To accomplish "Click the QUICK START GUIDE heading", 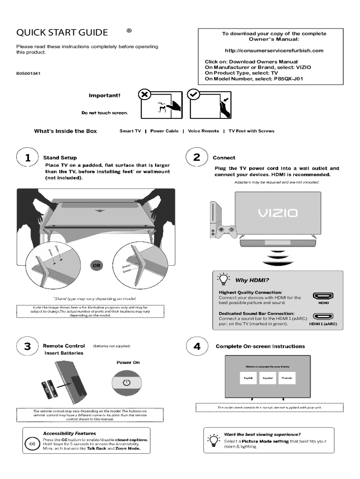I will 62,33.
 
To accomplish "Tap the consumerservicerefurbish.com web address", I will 274,51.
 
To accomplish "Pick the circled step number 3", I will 28,347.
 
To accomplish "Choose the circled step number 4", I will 197,347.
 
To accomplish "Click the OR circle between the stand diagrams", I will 95,266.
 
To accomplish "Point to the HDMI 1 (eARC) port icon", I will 322,316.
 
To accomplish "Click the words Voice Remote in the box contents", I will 203,131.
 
